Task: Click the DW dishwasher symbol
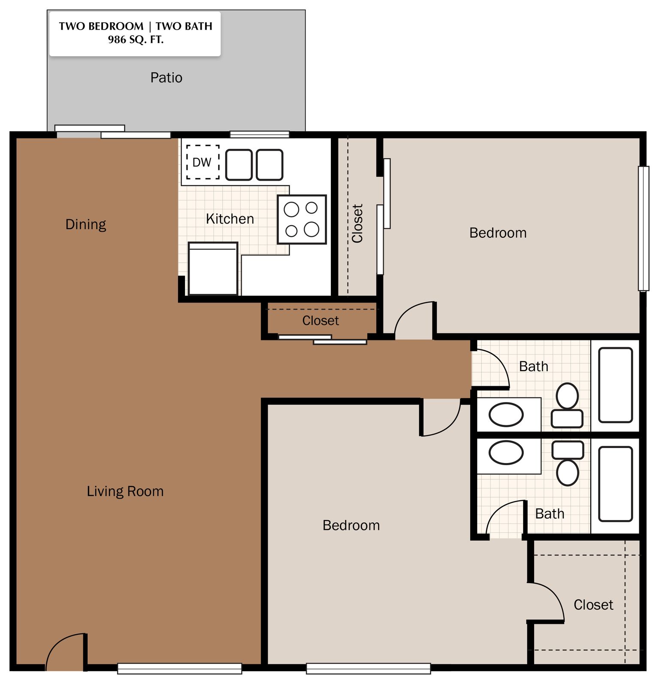203,162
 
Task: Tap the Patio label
166,78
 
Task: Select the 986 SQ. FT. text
136,40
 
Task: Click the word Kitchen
230,219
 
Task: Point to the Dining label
86,224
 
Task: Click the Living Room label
125,491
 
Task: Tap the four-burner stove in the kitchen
302,220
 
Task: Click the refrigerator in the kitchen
213,269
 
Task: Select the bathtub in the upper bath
616,385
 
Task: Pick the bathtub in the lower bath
616,484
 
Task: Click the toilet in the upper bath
567,405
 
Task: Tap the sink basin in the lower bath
506,453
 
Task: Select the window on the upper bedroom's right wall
644,229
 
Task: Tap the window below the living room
180,669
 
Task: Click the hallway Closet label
320,321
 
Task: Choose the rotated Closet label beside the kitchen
357,224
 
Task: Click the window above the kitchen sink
260,134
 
